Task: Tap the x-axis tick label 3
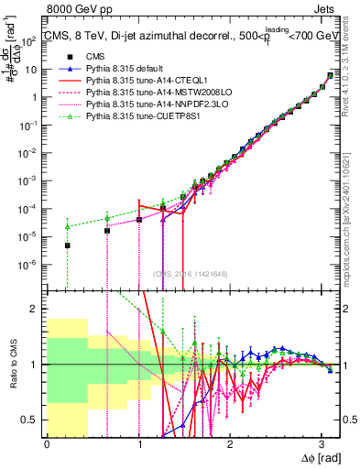coord(321,443)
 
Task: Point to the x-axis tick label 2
coord(230,443)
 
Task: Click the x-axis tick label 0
coord(48,443)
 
